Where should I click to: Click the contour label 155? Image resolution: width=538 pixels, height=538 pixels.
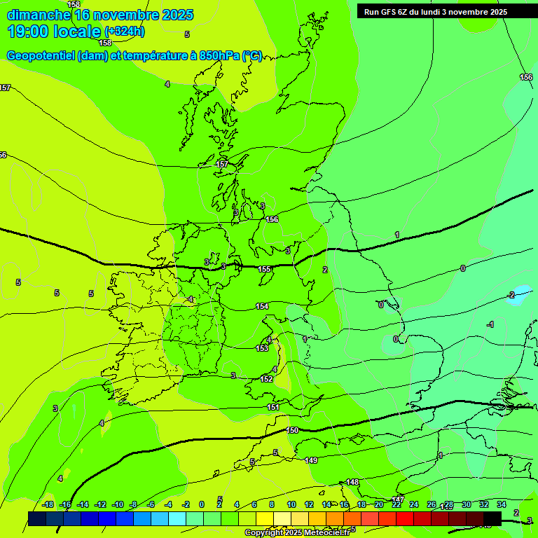(264, 269)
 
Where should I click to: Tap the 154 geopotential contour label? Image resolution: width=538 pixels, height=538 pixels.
(262, 306)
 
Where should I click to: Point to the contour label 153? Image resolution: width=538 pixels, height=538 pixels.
(262, 348)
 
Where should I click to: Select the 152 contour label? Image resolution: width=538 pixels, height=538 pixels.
(266, 379)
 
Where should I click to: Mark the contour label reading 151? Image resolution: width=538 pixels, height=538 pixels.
(273, 407)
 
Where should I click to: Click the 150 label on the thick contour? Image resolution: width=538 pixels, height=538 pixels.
(292, 430)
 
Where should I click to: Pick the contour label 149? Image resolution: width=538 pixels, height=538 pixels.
(311, 460)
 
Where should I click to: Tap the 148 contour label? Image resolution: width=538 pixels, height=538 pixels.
(352, 482)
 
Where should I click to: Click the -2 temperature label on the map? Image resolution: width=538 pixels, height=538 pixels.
(511, 295)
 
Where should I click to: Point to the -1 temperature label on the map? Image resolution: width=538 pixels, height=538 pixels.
(490, 324)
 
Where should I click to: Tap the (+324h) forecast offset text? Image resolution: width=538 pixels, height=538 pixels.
(125, 32)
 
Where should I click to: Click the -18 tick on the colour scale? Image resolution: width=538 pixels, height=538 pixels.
(48, 504)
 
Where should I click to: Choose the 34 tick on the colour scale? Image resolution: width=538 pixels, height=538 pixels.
(502, 504)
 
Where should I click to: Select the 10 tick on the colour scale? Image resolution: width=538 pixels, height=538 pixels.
(291, 504)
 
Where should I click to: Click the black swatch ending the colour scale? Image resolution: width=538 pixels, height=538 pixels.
(492, 518)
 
